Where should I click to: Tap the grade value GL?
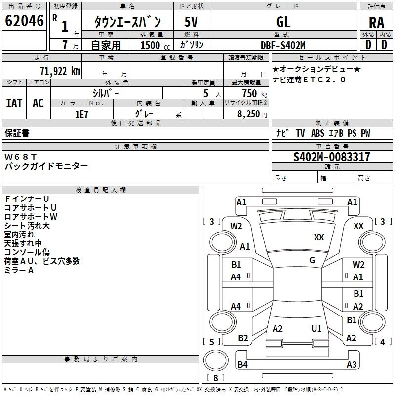(283, 22)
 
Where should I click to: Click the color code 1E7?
(81, 114)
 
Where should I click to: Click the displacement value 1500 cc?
(153, 46)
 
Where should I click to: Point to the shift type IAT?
(14, 103)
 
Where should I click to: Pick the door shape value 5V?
(192, 22)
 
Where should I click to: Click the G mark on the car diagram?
(312, 260)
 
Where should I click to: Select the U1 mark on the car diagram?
(316, 328)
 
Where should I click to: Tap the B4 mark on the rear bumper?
(242, 365)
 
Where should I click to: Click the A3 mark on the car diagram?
(352, 365)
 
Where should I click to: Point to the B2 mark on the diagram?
(243, 338)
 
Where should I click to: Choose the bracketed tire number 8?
(215, 378)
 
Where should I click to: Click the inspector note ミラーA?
(19, 270)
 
